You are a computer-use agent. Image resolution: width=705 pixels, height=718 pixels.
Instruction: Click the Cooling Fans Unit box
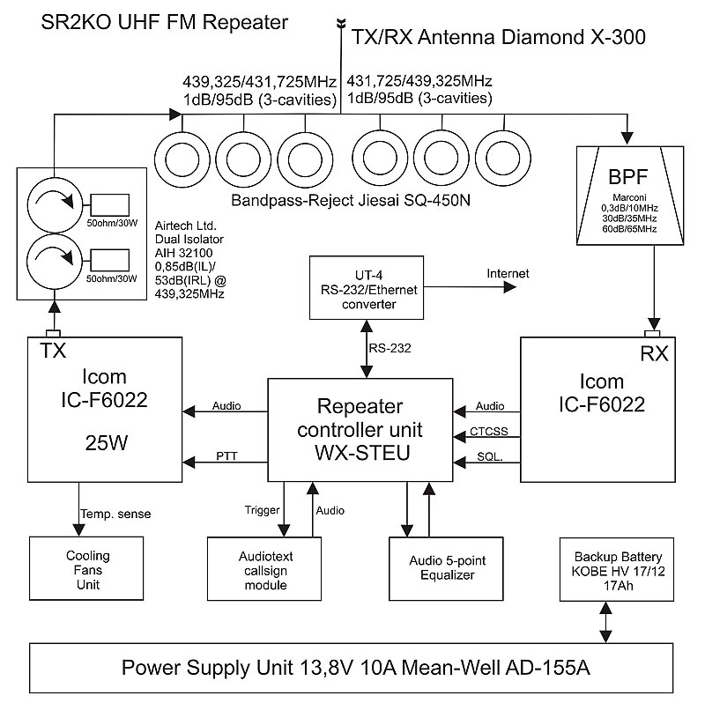coord(88,569)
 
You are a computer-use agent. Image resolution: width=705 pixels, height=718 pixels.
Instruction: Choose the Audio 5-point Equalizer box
coord(447,567)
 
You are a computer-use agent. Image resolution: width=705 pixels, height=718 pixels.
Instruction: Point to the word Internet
coord(508,274)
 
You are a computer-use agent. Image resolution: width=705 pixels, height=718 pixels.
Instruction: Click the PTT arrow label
coord(226,455)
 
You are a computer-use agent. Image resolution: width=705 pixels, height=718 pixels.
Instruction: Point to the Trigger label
coord(262,510)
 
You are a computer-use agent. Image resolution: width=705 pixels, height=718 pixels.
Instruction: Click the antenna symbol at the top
coord(340,25)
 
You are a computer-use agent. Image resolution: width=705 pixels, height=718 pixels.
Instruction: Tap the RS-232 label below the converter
coord(389,349)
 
